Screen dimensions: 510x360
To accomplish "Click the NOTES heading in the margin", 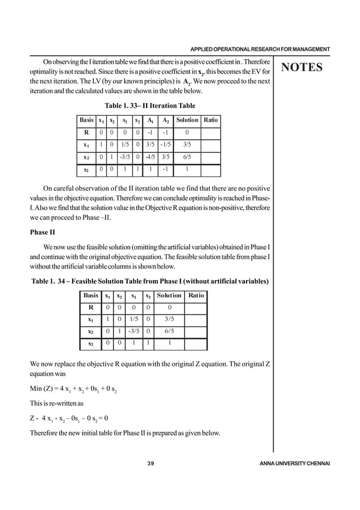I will click(302, 68).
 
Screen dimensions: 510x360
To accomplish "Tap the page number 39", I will click(150, 464).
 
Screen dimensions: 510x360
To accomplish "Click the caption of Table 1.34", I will click(150, 281).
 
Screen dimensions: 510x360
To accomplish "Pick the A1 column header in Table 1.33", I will click(151, 120).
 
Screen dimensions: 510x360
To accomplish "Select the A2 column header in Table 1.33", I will click(166, 120).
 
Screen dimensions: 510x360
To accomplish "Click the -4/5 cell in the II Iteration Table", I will click(151, 158).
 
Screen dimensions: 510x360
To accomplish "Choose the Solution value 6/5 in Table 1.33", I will click(187, 158).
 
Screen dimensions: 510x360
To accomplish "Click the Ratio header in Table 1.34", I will click(196, 296).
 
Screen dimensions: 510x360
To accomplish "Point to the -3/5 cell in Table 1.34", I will click(134, 332).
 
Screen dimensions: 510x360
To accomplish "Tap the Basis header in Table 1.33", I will click(87, 120).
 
